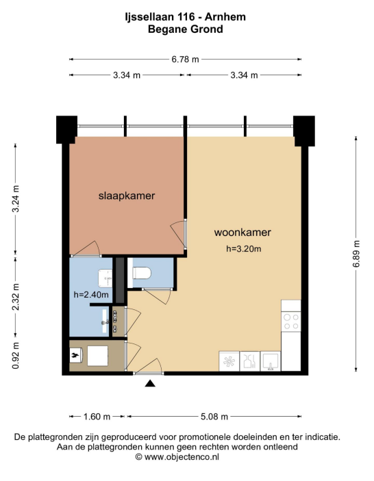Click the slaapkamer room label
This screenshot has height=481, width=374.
127,196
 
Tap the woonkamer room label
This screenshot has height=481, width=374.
242,232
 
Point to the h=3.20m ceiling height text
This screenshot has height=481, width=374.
244,249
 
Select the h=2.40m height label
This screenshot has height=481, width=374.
91,295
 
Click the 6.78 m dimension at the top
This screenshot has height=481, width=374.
185,60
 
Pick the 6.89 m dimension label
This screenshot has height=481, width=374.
356,254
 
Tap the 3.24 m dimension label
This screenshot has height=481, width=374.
16,199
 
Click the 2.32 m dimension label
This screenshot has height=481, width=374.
16,297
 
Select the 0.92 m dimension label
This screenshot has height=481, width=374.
16,356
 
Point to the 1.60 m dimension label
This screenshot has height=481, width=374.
97,416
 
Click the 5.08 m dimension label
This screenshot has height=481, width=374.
214,416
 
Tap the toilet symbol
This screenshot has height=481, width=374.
142,273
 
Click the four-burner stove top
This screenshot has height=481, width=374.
291,321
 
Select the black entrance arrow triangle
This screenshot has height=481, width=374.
150,383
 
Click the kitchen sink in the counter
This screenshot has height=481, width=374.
270,361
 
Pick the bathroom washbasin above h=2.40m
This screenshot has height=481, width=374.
105,278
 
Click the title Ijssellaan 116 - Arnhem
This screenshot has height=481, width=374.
186,17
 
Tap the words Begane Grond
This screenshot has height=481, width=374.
186,29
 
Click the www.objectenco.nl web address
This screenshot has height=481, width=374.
182,457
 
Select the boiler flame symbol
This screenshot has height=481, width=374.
75,356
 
